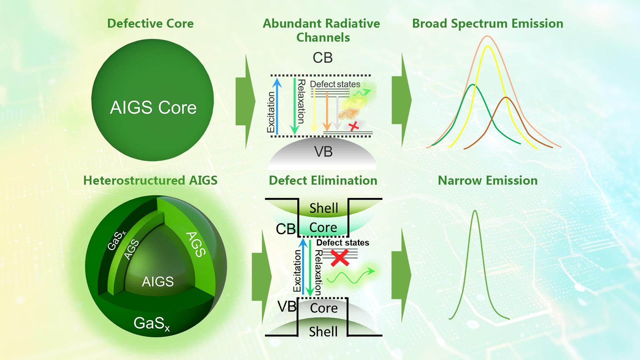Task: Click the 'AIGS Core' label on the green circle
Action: pos(153,108)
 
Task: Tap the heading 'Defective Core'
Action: pos(150,24)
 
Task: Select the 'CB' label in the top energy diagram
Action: pos(322,58)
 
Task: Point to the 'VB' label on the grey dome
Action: pos(323,152)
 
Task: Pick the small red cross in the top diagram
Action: pos(354,126)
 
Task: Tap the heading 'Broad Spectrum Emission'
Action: pos(487,24)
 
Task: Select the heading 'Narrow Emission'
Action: pos(487,181)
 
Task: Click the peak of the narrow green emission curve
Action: pos(475,211)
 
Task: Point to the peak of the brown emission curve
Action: pos(506,97)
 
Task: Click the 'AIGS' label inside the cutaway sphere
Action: pos(158,282)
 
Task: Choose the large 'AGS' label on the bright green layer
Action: pos(196,245)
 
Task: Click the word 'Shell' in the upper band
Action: pos(324,208)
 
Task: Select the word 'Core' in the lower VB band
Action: pos(324,308)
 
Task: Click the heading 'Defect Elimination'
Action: pos(323,181)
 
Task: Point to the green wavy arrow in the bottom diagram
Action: pos(350,277)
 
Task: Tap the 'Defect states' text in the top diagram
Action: pos(335,84)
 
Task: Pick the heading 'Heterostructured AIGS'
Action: pos(150,181)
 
